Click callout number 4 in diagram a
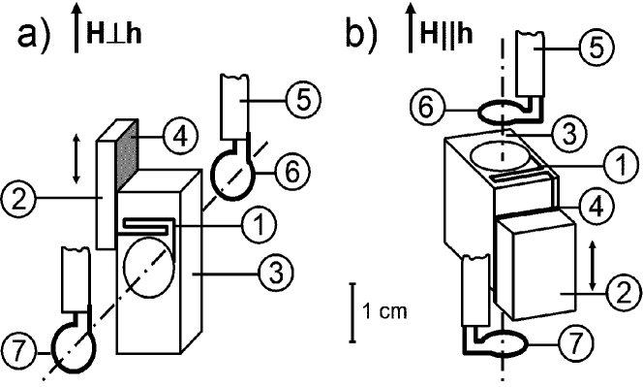[x=180, y=136]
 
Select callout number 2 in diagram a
[x=18, y=200]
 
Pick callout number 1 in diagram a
[x=260, y=224]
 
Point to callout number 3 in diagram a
[x=276, y=273]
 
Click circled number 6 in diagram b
[x=427, y=108]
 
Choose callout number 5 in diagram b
[x=597, y=48]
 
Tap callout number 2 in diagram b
[x=624, y=293]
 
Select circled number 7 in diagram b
[x=576, y=342]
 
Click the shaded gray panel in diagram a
[x=128, y=153]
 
